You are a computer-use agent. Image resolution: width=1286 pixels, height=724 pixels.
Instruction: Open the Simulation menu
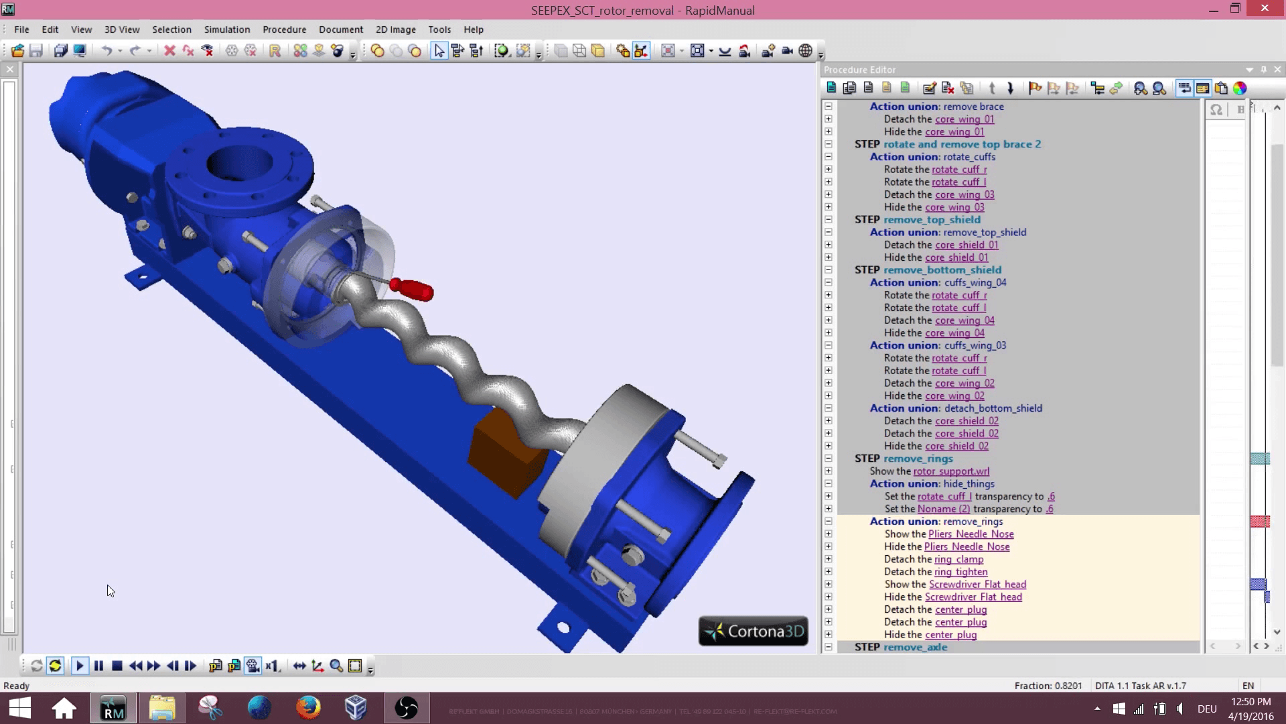[227, 29]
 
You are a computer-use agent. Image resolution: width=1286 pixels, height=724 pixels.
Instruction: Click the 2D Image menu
[395, 29]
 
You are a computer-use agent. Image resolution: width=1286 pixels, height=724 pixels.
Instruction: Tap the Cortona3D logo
[754, 631]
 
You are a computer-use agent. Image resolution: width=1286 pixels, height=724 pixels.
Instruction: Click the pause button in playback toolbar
[98, 666]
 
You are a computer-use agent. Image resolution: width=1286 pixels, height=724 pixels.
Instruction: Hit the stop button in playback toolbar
[117, 666]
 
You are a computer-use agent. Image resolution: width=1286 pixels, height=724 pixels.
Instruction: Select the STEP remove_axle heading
[901, 647]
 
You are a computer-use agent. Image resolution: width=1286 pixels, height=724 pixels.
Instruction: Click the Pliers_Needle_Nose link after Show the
[971, 534]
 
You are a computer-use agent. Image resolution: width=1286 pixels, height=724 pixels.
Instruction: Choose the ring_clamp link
[958, 559]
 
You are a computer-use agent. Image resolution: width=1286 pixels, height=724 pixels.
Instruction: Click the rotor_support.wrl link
[951, 471]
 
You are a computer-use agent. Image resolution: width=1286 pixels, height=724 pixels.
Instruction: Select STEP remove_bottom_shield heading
[928, 270]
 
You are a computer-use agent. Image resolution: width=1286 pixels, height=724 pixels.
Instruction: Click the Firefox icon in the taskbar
[308, 708]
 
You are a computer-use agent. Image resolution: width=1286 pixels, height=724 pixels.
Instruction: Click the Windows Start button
[20, 708]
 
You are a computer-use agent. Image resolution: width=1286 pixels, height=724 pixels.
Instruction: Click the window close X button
[1264, 9]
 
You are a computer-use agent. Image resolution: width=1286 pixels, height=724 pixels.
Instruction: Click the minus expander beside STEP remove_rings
[829, 459]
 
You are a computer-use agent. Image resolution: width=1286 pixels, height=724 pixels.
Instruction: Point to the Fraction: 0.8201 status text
[1048, 686]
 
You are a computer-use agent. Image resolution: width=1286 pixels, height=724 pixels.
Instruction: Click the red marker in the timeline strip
[1259, 522]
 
